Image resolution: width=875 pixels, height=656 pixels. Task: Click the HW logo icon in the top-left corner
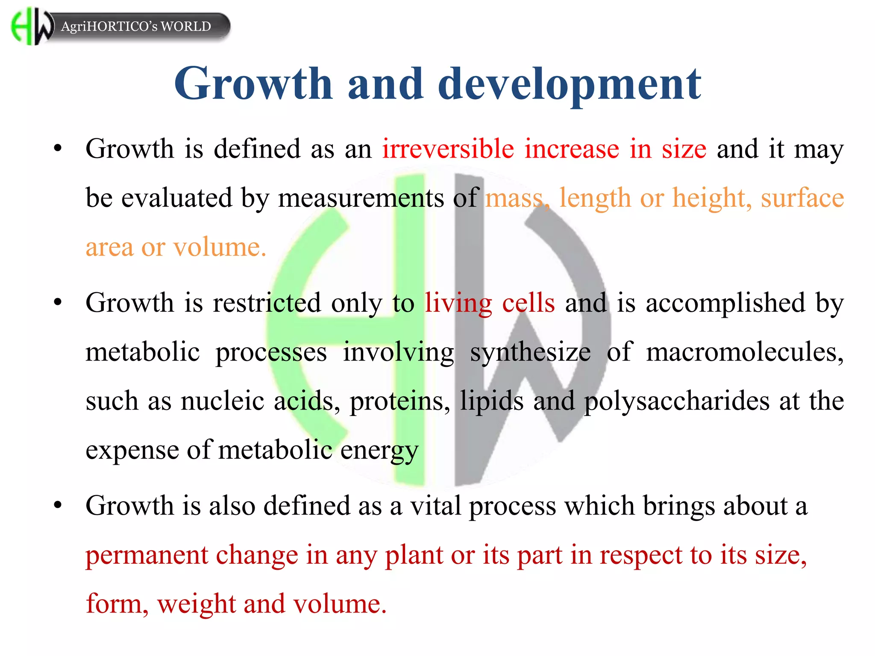(32, 26)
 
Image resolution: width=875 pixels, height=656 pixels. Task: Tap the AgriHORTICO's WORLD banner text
(136, 26)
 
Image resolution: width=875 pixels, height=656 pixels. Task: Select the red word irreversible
(448, 149)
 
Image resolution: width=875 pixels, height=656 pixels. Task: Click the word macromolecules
(744, 352)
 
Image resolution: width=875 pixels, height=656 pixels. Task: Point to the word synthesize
(530, 353)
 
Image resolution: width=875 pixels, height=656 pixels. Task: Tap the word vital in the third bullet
(435, 506)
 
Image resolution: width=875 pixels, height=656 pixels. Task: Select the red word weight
(196, 604)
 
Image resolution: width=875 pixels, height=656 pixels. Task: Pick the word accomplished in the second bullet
(725, 303)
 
